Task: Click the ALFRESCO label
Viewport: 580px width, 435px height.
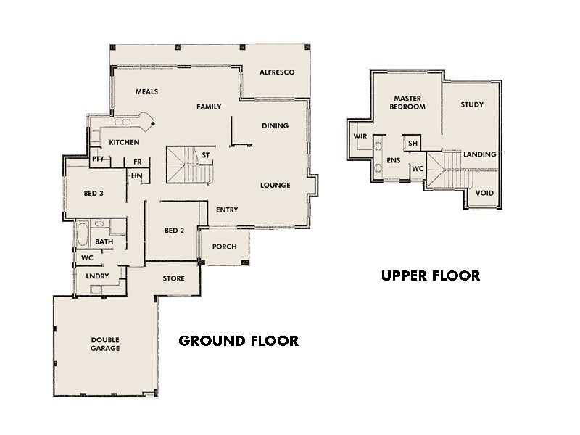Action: [x=276, y=72]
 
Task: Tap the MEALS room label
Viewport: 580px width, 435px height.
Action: [x=146, y=91]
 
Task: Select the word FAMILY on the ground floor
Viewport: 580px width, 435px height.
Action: [x=209, y=107]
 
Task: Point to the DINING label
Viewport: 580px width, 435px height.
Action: [x=275, y=126]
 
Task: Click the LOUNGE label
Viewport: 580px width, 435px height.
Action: [x=275, y=186]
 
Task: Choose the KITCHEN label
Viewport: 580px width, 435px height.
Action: [x=124, y=142]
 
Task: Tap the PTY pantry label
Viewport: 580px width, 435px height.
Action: [x=98, y=159]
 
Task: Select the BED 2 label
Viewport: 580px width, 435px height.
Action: [x=175, y=231]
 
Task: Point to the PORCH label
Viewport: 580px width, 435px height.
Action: [x=225, y=247]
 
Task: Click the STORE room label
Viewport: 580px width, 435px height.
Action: [x=173, y=278]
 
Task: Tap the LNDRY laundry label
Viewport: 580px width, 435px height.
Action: [x=97, y=276]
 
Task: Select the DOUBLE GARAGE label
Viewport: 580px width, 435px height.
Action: [x=105, y=344]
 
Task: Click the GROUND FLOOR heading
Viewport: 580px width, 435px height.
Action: [x=239, y=341]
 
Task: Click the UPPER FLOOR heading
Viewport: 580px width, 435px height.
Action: [x=431, y=275]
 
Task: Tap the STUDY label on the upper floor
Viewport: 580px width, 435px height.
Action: [x=472, y=105]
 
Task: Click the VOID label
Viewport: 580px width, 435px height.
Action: [x=484, y=194]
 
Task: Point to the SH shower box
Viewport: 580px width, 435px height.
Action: [x=413, y=144]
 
